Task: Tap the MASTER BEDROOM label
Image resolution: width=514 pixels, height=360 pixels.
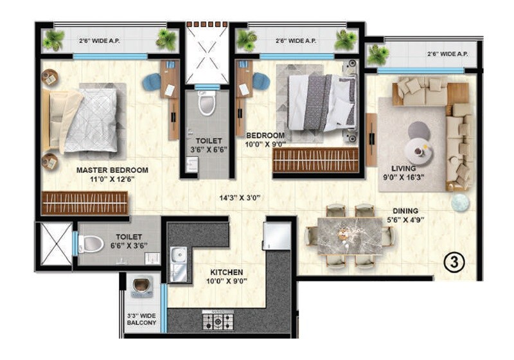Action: pyautogui.click(x=112, y=170)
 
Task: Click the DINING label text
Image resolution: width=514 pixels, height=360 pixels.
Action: pyautogui.click(x=405, y=210)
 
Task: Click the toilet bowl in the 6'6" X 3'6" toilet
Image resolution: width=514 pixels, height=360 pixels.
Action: pyautogui.click(x=91, y=244)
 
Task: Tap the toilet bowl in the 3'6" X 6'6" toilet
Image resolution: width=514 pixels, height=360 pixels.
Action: pyautogui.click(x=206, y=103)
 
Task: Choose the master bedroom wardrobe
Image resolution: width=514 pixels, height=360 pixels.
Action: pyautogui.click(x=85, y=203)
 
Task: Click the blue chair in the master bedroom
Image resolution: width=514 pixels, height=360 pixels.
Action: pyautogui.click(x=152, y=82)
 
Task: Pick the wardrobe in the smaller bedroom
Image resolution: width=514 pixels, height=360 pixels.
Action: pyautogui.click(x=315, y=160)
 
